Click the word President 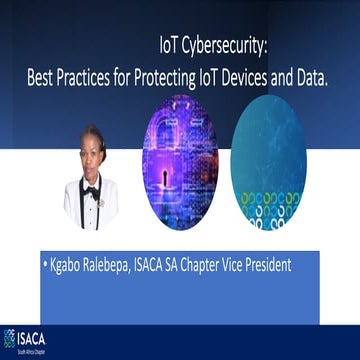tap(297, 267)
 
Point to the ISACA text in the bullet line tap(165, 267)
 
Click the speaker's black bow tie tap(91, 189)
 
